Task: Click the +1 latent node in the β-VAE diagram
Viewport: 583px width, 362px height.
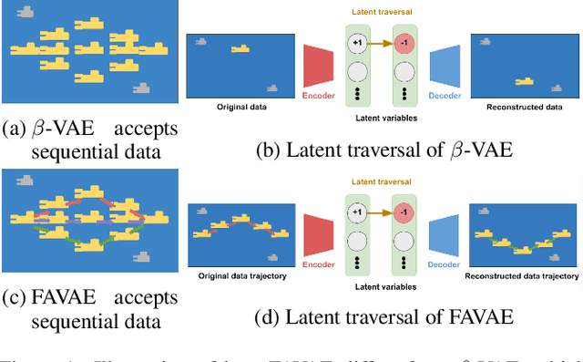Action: click(358, 44)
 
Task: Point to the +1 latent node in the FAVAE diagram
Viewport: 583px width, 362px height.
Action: click(358, 212)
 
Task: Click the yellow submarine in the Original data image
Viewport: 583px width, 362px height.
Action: click(241, 48)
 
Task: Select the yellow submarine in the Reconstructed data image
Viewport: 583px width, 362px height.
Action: click(524, 82)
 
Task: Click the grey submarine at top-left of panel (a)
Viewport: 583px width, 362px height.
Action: click(30, 12)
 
